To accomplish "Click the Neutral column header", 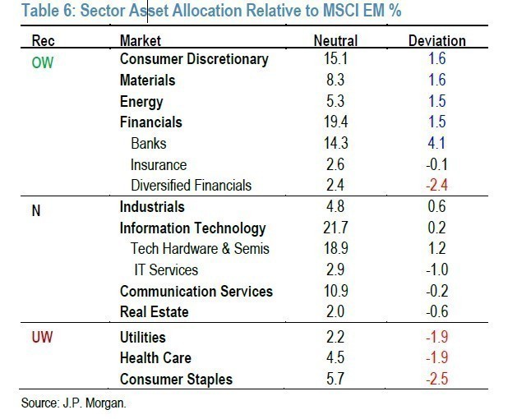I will pyautogui.click(x=335, y=40).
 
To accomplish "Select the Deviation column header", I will pyautogui.click(x=436, y=40).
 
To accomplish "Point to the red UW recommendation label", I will pyautogui.click(x=42, y=338).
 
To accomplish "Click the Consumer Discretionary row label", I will pyautogui.click(x=194, y=59).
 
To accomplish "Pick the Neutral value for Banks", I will pyautogui.click(x=335, y=143).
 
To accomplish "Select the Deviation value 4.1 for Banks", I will pyautogui.click(x=437, y=143).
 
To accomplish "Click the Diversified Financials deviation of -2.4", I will pyautogui.click(x=436, y=185).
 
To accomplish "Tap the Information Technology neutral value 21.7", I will pyautogui.click(x=335, y=228).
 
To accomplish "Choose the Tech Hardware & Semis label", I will pyautogui.click(x=200, y=249).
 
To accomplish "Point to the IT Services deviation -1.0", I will pyautogui.click(x=436, y=269).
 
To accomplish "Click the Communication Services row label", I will pyautogui.click(x=196, y=291).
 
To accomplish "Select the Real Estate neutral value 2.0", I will pyautogui.click(x=335, y=311).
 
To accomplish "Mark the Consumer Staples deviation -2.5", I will pyautogui.click(x=436, y=379).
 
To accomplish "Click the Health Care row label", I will pyautogui.click(x=156, y=358).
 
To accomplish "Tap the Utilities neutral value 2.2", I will pyautogui.click(x=335, y=338).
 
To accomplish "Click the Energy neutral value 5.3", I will pyautogui.click(x=335, y=101).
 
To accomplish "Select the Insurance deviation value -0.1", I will pyautogui.click(x=436, y=164).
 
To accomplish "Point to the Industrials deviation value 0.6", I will pyautogui.click(x=437, y=207).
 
